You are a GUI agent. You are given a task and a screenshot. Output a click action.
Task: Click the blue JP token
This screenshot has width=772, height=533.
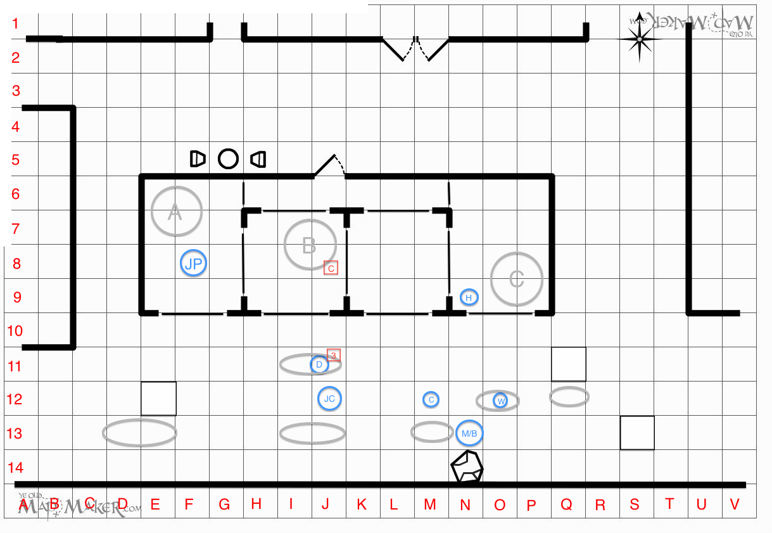point(194,264)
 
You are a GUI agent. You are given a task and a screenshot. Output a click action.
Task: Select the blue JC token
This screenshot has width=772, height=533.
point(329,399)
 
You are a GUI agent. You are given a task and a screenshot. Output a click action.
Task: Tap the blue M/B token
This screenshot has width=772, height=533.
point(469,433)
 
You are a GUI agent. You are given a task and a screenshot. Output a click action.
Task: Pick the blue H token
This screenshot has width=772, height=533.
point(469,297)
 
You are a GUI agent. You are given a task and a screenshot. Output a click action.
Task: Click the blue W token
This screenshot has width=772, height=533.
point(500,401)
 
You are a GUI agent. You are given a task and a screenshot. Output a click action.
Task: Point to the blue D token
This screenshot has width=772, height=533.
point(319,364)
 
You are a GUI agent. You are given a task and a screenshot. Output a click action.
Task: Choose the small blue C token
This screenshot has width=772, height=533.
point(431,399)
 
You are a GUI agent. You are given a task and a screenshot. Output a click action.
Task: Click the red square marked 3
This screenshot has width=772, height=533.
point(334,356)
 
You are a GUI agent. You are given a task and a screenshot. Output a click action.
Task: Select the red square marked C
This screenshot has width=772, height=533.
point(331,268)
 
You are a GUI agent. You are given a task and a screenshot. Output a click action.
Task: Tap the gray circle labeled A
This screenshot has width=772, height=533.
point(177,212)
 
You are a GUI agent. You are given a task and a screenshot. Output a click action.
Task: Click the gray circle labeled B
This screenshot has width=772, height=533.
point(310,245)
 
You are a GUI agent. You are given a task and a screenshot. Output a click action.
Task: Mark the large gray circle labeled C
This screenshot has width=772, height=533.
point(517,278)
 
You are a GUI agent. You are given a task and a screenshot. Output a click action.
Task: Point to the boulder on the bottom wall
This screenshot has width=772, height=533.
point(467,468)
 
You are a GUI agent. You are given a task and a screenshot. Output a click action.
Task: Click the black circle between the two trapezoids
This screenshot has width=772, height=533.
point(228,158)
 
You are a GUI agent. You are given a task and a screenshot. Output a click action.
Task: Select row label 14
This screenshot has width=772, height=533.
point(16,468)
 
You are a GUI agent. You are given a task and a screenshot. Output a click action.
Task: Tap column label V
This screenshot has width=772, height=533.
point(735,504)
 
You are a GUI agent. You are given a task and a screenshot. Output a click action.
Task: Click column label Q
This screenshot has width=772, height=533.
point(566,504)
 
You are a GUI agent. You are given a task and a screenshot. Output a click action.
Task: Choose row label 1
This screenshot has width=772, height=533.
point(16,24)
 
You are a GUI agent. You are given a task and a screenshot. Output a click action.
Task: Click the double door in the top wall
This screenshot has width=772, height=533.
point(416,48)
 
